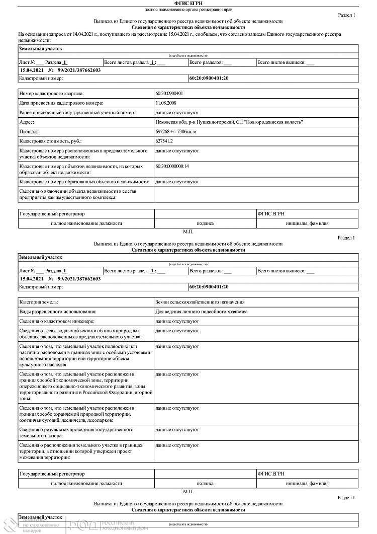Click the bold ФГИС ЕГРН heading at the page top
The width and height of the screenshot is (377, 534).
click(188, 4)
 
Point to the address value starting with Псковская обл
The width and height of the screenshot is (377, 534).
click(229, 122)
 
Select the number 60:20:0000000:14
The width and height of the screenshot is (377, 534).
click(172, 166)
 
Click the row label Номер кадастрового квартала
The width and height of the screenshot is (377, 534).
click(51, 94)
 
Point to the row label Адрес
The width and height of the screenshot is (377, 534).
click(27, 122)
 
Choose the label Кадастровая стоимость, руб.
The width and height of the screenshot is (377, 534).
click(50, 141)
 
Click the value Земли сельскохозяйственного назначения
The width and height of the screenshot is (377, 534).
click(200, 302)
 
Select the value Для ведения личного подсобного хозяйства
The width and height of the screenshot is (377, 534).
click(202, 312)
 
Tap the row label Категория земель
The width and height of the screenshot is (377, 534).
click(39, 302)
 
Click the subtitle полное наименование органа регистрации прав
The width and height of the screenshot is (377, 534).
click(188, 10)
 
